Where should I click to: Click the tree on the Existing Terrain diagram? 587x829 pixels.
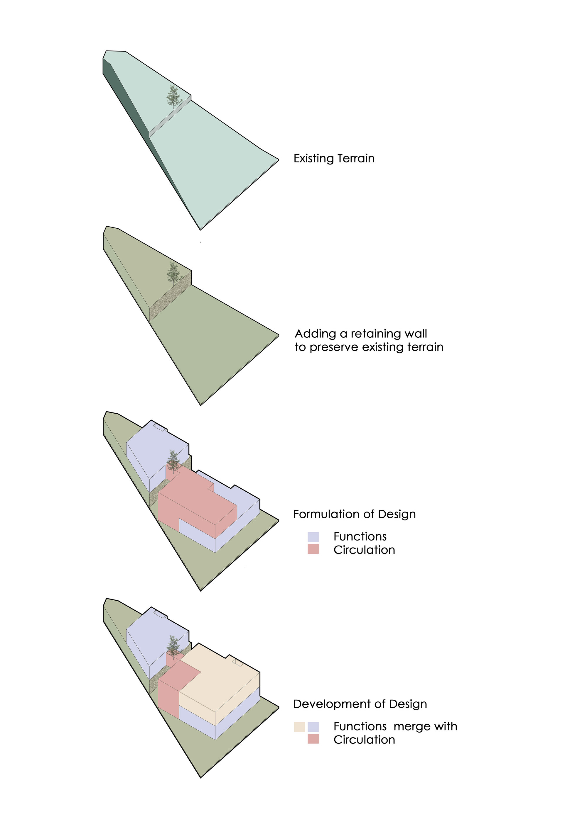point(174,97)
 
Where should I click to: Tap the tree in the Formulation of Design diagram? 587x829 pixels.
point(174,462)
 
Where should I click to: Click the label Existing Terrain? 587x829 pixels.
point(334,159)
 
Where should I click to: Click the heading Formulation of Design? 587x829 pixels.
point(354,514)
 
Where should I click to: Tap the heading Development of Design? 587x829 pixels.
point(360,704)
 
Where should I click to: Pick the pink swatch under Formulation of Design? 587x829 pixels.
point(313,549)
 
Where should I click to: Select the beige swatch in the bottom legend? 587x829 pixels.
point(299,727)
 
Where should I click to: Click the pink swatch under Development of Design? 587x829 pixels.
point(313,739)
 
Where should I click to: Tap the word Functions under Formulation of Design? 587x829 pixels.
point(360,536)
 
